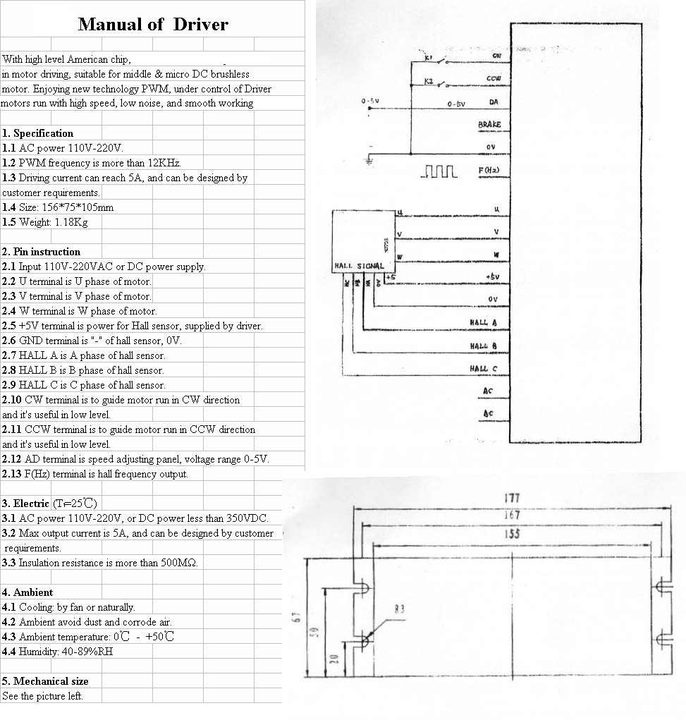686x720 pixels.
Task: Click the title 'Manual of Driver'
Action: pos(153,25)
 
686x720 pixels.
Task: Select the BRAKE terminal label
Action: pos(489,125)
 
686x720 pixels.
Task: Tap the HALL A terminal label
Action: pos(484,323)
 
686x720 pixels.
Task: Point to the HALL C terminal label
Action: pos(484,369)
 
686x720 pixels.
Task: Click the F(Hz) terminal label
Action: pos(489,171)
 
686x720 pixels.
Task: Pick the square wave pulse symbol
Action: pos(439,171)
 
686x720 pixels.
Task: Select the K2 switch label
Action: pos(429,81)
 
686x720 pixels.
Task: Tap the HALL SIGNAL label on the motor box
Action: pos(358,266)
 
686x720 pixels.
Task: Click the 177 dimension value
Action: pos(513,498)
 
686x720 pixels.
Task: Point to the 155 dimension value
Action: pos(513,534)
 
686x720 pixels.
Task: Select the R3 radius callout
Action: pos(399,609)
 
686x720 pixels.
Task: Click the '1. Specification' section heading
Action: pos(37,133)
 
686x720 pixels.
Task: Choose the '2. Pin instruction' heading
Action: pos(41,252)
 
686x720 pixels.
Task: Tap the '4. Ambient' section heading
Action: pos(27,592)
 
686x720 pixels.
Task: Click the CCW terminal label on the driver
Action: pos(494,79)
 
